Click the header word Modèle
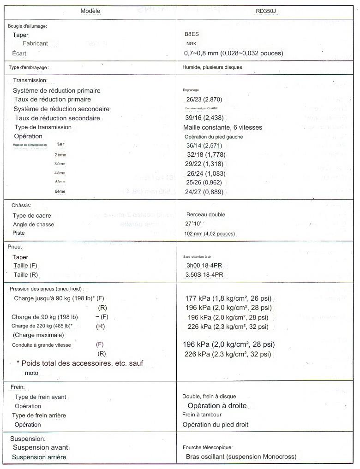(x=90, y=11)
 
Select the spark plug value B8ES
(x=192, y=34)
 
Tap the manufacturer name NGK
(x=191, y=43)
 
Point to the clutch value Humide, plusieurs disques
(x=212, y=67)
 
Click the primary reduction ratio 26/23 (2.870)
(x=203, y=100)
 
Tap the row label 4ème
(x=60, y=173)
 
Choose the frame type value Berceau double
(x=206, y=215)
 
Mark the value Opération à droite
(x=217, y=406)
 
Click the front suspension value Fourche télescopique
(x=207, y=448)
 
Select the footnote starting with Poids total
(x=82, y=363)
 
